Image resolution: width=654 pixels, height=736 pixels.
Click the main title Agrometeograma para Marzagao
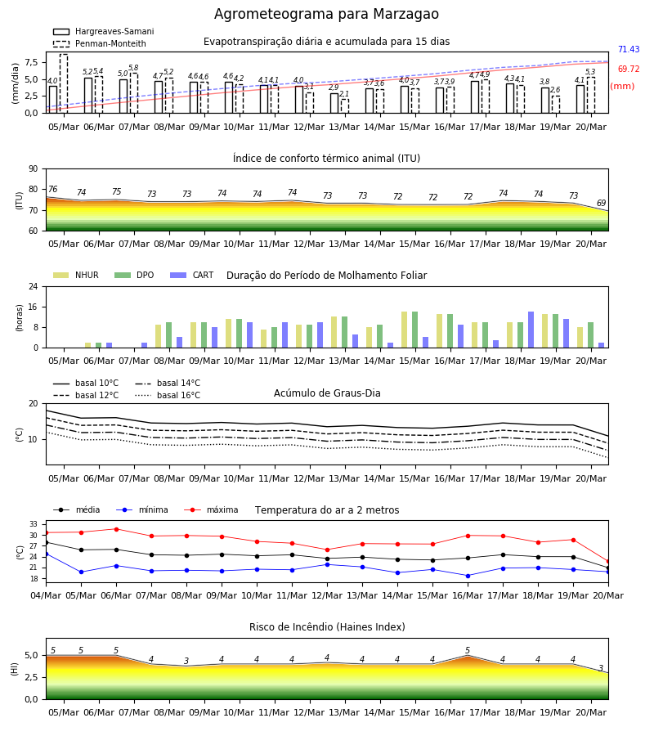tap(326, 14)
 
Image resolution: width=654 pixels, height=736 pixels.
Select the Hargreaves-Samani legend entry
tap(103, 31)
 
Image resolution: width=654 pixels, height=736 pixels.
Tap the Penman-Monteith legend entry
tap(100, 43)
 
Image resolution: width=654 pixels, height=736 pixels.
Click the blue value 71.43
tap(629, 49)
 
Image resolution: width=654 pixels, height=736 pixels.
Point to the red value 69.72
tap(629, 69)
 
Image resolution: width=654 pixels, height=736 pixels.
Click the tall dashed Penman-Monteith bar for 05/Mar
tap(64, 83)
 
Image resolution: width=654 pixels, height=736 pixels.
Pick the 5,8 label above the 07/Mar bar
tap(133, 68)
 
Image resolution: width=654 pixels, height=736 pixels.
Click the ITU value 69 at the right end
tap(601, 203)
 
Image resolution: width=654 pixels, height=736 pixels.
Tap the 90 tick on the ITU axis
tap(34, 169)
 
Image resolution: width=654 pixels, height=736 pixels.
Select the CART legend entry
tap(192, 275)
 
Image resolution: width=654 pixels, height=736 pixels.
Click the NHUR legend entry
tap(76, 275)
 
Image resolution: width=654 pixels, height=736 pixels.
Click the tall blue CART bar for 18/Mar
tap(531, 330)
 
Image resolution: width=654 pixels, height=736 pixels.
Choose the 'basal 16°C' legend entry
tap(168, 395)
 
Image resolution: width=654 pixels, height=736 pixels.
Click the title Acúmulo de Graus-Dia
tap(327, 393)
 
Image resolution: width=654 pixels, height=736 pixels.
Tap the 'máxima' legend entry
tap(211, 509)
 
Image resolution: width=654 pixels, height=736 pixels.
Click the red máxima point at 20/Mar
tap(608, 561)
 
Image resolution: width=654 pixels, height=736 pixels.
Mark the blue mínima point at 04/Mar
tap(46, 554)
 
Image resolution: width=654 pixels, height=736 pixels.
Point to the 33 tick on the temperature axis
tap(34, 524)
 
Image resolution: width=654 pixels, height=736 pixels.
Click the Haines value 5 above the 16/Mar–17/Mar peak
tap(468, 650)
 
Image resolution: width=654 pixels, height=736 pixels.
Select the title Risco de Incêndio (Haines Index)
tap(327, 627)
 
